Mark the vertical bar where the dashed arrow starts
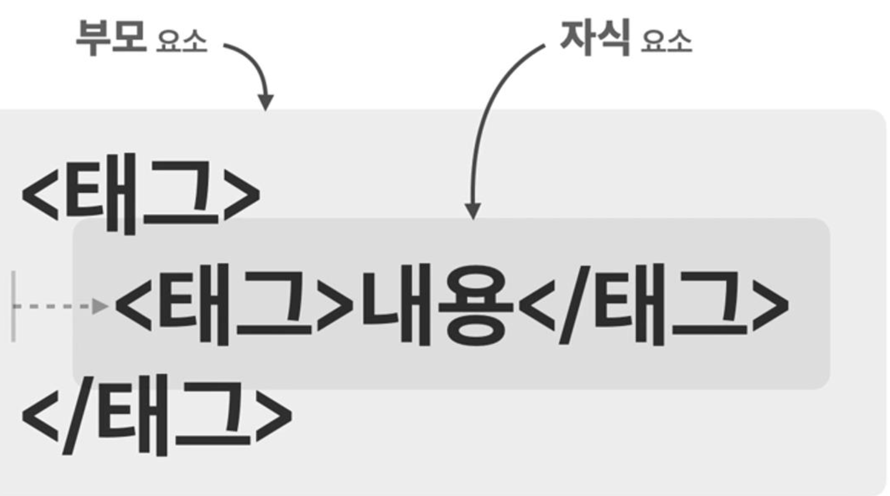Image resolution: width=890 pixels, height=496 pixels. pyautogui.click(x=14, y=306)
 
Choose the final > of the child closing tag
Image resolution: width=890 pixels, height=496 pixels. pyautogui.click(x=770, y=305)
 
